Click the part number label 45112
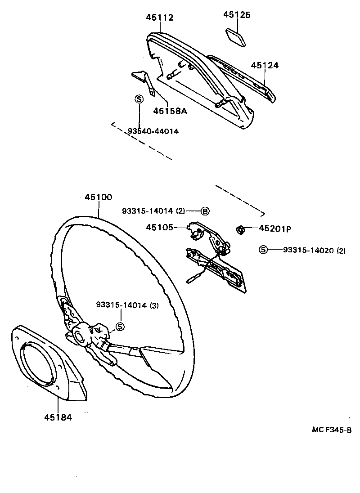click(x=159, y=18)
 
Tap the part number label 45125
click(x=237, y=15)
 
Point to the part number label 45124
click(x=265, y=65)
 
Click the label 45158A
click(x=170, y=111)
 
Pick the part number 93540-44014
click(x=153, y=131)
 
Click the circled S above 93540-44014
click(x=139, y=99)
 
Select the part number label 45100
click(x=98, y=197)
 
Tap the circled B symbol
click(x=205, y=211)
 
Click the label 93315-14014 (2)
click(x=153, y=211)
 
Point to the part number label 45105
click(x=159, y=228)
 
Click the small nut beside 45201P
click(x=241, y=230)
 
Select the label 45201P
click(x=275, y=229)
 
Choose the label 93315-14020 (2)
click(x=314, y=250)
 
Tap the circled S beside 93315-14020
click(x=263, y=250)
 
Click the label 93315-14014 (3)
click(x=127, y=305)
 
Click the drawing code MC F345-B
click(x=332, y=430)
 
